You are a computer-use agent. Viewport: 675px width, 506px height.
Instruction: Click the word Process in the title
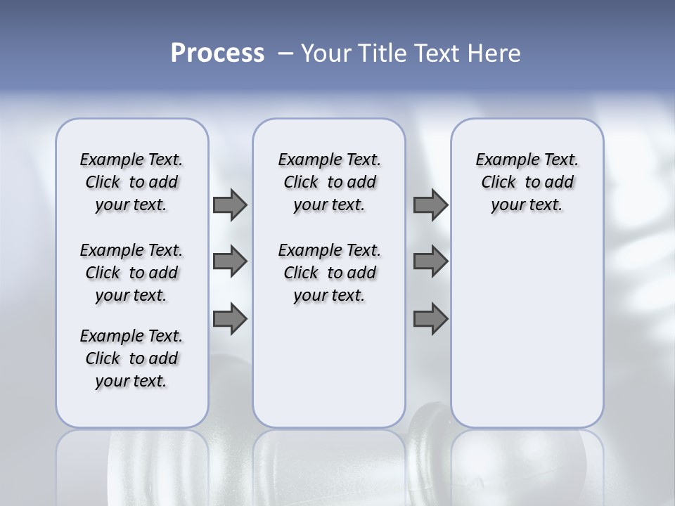[217, 53]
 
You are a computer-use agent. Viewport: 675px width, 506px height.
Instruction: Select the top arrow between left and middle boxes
[229, 205]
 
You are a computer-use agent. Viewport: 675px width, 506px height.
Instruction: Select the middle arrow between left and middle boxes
[229, 261]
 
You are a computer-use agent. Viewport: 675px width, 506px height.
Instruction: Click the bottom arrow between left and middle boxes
[229, 319]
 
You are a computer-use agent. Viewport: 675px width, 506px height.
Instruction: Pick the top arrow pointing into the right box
[430, 205]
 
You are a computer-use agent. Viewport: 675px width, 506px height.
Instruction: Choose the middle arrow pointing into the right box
[430, 261]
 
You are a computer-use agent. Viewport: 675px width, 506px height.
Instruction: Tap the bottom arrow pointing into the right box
[430, 319]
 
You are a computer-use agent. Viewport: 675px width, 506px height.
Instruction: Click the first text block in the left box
[131, 182]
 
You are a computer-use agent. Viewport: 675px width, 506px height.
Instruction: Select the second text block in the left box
[131, 273]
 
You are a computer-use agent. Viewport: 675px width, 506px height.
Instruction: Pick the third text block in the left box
[131, 358]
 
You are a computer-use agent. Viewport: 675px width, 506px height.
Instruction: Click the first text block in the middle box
[329, 182]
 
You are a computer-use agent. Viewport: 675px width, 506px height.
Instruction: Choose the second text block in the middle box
[329, 273]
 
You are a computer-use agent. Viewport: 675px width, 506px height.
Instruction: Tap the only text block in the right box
[527, 182]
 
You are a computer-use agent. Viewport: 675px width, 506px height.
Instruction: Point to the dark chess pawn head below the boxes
[430, 422]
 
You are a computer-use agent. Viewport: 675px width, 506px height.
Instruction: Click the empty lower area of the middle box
[329, 365]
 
